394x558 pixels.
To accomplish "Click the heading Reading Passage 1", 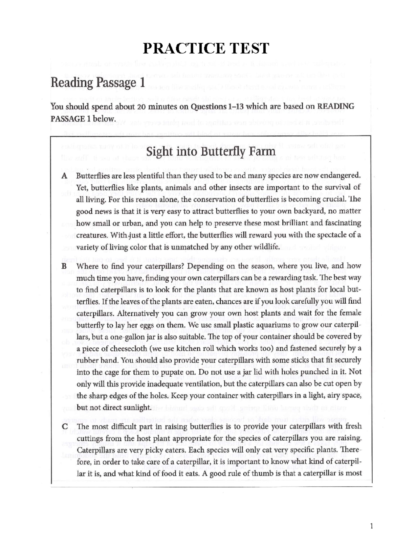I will point(98,83).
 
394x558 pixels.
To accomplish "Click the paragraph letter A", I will point(64,176).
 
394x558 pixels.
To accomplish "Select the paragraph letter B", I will point(64,266).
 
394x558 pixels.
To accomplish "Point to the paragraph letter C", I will point(64,427).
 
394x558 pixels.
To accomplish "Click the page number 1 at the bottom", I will point(371,526).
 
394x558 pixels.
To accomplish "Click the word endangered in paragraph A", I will point(340,175).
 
